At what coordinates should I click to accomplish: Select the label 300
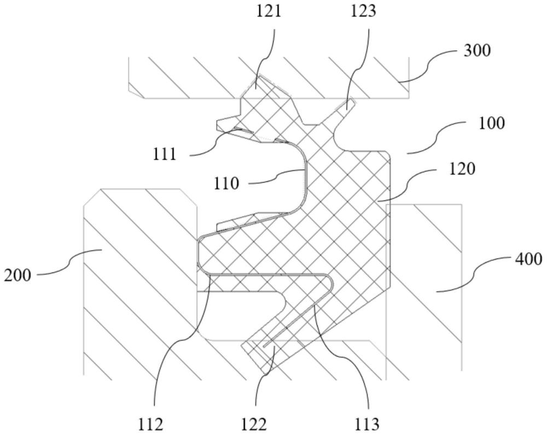[477, 51]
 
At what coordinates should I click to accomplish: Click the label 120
[461, 169]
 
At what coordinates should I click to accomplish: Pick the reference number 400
[527, 258]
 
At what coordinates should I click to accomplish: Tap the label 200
[18, 274]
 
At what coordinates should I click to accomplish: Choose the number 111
[165, 154]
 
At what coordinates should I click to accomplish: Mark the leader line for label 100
[438, 137]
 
